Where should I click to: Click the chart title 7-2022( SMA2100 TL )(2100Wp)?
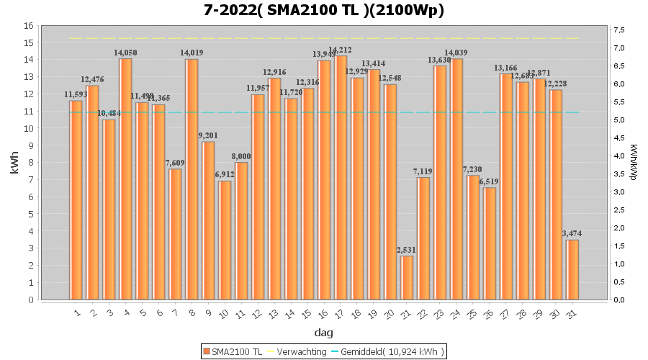point(323,10)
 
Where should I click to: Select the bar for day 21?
point(407,278)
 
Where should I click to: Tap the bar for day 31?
point(572,270)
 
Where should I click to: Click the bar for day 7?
point(175,234)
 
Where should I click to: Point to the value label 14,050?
point(125,53)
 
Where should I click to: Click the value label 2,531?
point(407,251)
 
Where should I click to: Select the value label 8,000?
point(241,157)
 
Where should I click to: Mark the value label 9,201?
point(208,136)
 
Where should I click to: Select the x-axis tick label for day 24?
point(456,312)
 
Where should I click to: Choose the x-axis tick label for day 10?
point(224,313)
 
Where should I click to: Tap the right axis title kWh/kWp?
point(633,163)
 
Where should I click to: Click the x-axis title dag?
point(323,333)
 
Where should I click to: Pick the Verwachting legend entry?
point(294,351)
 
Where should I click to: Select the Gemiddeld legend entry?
point(389,351)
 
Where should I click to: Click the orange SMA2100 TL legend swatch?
point(207,351)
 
